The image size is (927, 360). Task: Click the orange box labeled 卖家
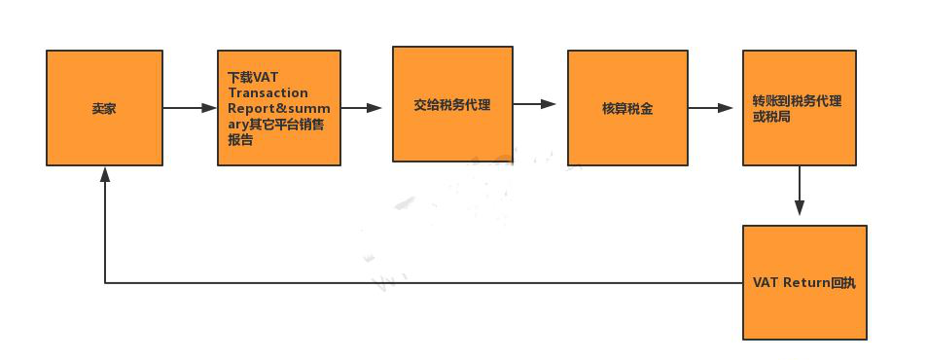click(104, 108)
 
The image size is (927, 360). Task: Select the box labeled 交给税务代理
click(452, 103)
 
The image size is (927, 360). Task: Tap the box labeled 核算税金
click(627, 108)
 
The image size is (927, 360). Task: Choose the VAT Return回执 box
click(803, 282)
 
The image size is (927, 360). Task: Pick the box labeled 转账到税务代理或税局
click(799, 108)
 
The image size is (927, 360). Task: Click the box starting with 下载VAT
click(278, 108)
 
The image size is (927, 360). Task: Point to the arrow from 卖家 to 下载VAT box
click(190, 108)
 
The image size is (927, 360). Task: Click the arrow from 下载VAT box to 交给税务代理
click(362, 108)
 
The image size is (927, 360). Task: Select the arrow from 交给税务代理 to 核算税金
click(534, 103)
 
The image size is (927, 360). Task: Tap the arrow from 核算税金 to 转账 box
click(710, 108)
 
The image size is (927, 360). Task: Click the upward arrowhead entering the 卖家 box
click(104, 174)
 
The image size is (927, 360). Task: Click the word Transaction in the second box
click(267, 93)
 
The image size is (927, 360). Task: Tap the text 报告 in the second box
click(240, 140)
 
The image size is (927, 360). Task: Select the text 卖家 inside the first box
click(104, 108)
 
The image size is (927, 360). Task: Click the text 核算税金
click(627, 108)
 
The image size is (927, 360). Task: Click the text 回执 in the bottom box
click(843, 282)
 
